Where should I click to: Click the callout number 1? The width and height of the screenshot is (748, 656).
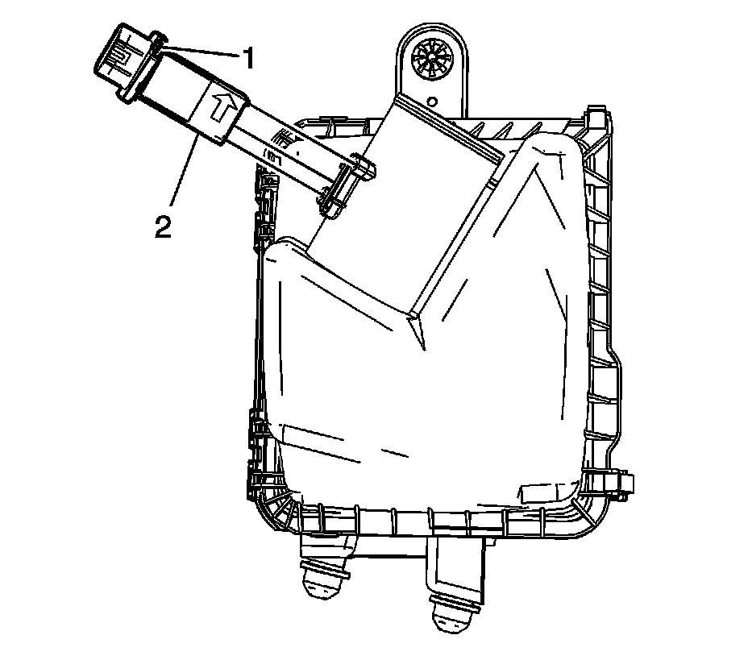[x=247, y=58]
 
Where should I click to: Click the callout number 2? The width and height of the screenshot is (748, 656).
[x=163, y=226]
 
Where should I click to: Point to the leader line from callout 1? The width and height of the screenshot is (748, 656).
[x=200, y=51]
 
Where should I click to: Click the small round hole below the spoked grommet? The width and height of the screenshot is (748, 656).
[x=433, y=102]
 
